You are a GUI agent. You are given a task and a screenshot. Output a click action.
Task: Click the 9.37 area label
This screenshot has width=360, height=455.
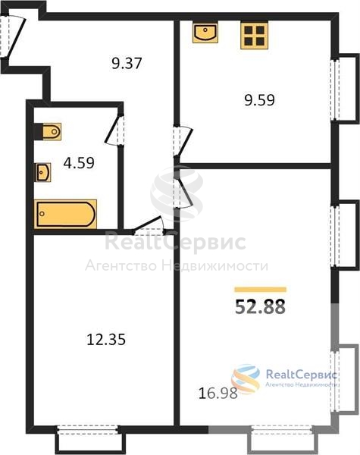(127, 63)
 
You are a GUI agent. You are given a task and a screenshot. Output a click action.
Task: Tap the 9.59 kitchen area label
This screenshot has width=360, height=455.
(259, 100)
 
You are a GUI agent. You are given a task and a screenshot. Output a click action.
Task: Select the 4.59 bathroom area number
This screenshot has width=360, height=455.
(79, 163)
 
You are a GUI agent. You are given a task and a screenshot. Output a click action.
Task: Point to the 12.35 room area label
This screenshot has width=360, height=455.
(106, 339)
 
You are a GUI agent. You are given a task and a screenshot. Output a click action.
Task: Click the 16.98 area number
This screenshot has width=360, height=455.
(218, 393)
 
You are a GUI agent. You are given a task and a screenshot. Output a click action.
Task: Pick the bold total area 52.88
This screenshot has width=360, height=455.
(260, 306)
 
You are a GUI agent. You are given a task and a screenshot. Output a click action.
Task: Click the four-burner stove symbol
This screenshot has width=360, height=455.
(254, 35)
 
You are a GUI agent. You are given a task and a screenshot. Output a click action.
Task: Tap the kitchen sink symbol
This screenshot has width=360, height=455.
(205, 33)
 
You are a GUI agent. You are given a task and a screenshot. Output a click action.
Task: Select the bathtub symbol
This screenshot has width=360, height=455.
(65, 214)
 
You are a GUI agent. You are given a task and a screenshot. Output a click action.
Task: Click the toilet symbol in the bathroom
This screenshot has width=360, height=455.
(49, 132)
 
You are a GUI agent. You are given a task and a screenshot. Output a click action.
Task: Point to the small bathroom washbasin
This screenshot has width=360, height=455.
(42, 172)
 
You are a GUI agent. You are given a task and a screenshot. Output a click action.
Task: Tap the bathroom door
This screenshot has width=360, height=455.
(113, 130)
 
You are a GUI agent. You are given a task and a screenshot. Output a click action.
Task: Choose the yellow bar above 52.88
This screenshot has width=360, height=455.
(261, 290)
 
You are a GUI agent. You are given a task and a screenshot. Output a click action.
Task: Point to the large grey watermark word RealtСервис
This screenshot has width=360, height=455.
(175, 243)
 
